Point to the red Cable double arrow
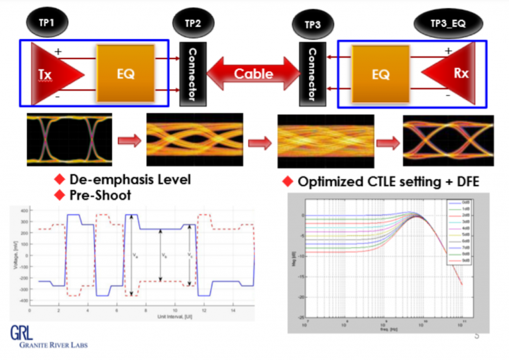click(x=253, y=73)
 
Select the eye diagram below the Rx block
click(x=448, y=141)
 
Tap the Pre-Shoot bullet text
click(x=99, y=195)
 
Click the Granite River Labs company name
click(x=49, y=345)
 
